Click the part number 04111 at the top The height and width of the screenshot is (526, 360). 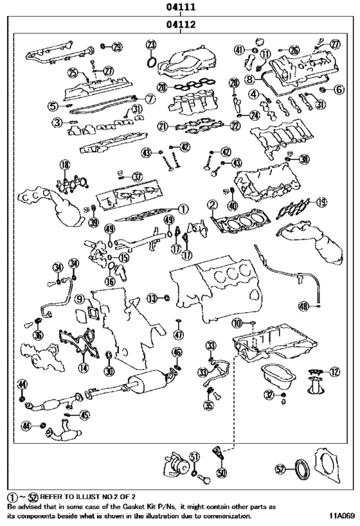pyautogui.click(x=180, y=7)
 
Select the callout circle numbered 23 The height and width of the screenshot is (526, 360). pyautogui.click(x=151, y=44)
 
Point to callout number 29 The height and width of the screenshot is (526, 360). pyautogui.click(x=116, y=46)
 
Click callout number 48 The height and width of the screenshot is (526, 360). pyautogui.click(x=319, y=306)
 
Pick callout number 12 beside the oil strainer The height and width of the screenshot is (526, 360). pyautogui.click(x=334, y=371)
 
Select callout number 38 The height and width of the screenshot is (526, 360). pyautogui.click(x=303, y=159)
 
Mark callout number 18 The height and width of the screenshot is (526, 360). pyautogui.click(x=64, y=166)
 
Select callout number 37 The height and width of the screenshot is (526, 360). pyautogui.click(x=136, y=177)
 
